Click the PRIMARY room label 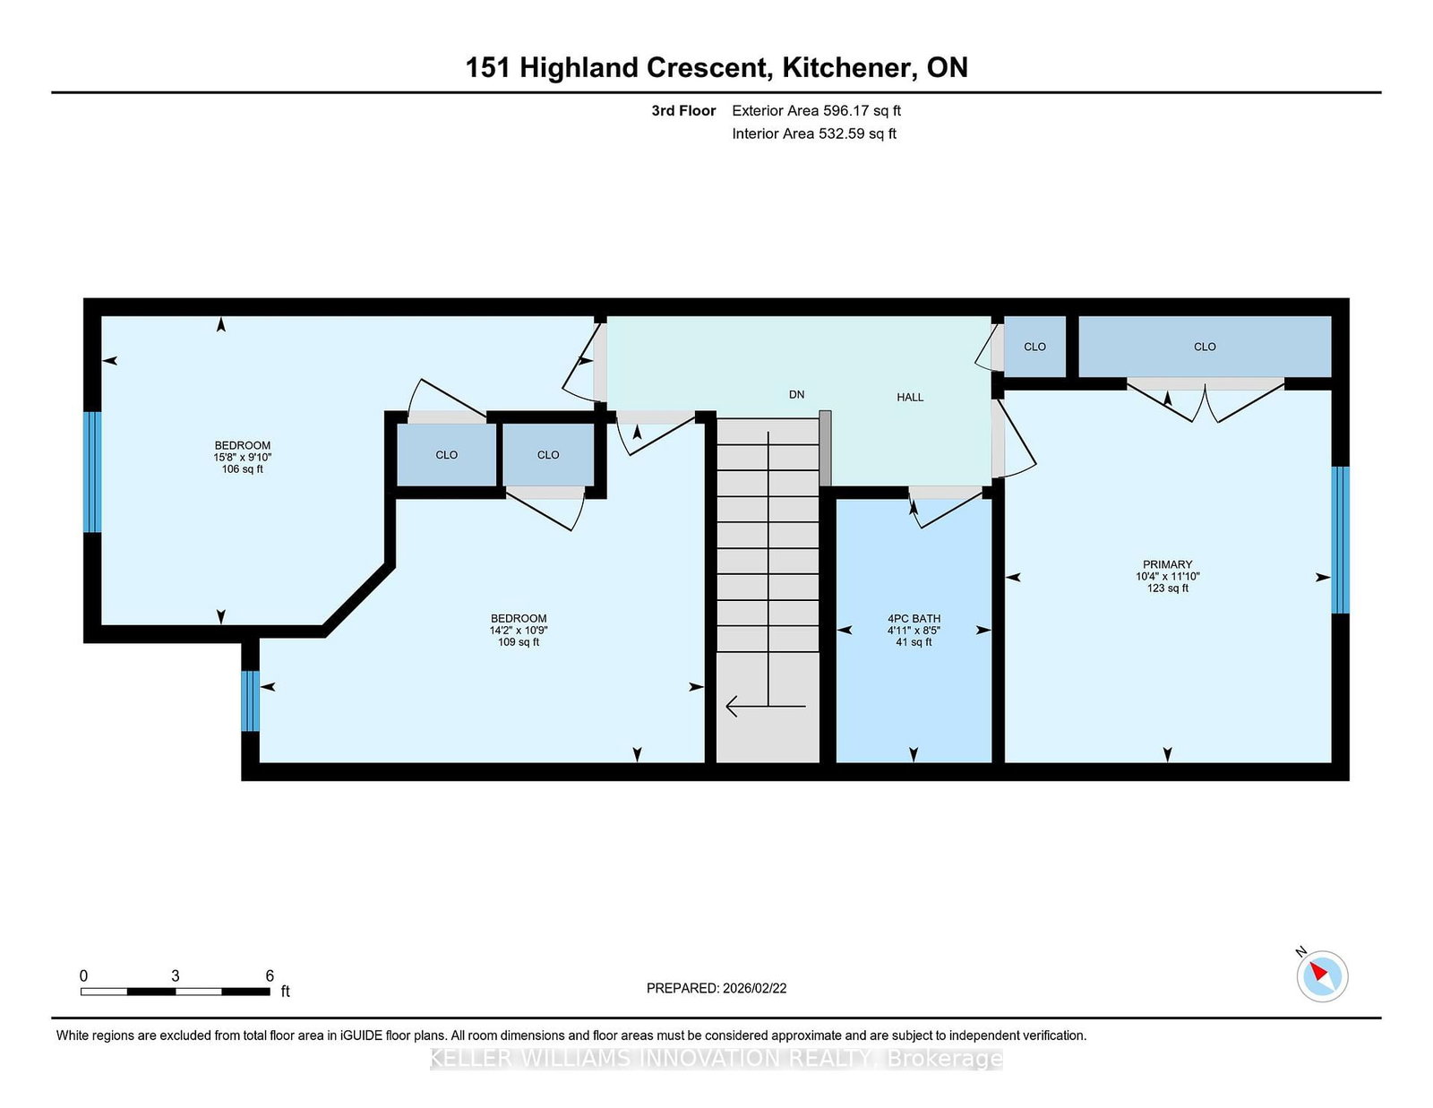pyautogui.click(x=1167, y=564)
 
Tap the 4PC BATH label pyautogui.click(x=914, y=618)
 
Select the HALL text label pyautogui.click(x=910, y=397)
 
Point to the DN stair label pyautogui.click(x=796, y=394)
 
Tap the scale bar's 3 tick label pyautogui.click(x=176, y=975)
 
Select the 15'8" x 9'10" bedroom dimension pyautogui.click(x=242, y=457)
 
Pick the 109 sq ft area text pyautogui.click(x=519, y=641)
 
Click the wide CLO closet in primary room pyautogui.click(x=1204, y=347)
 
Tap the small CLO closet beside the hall pyautogui.click(x=1034, y=347)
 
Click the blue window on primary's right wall pyautogui.click(x=1339, y=539)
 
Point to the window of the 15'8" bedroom pyautogui.click(x=92, y=472)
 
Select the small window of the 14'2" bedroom pyautogui.click(x=251, y=701)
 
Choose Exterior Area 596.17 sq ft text pyautogui.click(x=816, y=111)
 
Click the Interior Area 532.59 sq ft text pyautogui.click(x=814, y=133)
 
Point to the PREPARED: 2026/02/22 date pyautogui.click(x=716, y=988)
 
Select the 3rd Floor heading pyautogui.click(x=683, y=111)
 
